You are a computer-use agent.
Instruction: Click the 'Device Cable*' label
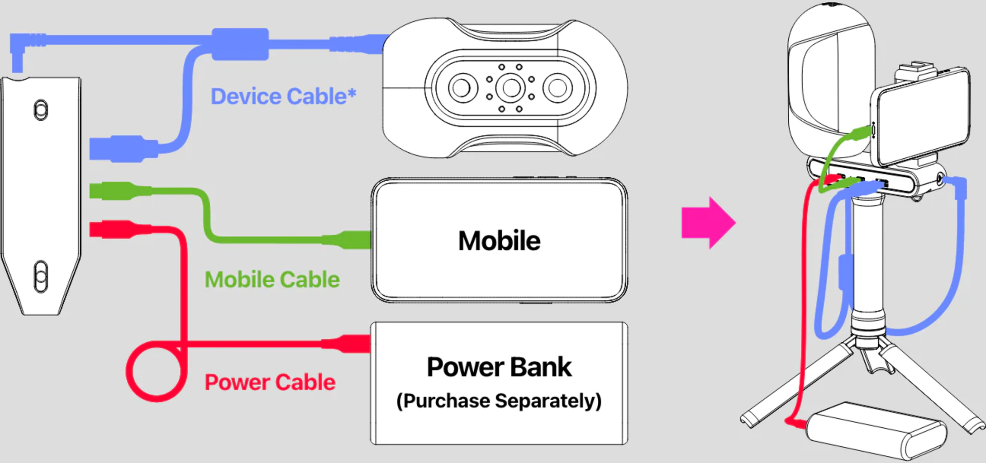[x=283, y=96]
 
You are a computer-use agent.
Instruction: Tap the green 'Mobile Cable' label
[x=272, y=279]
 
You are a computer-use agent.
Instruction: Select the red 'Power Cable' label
[x=270, y=383]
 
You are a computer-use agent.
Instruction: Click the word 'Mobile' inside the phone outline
[x=499, y=241]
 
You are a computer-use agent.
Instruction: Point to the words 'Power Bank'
[x=499, y=367]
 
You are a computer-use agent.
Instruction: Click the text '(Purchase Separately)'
[x=499, y=401]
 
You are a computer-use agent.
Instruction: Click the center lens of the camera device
[x=511, y=88]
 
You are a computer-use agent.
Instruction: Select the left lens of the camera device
[x=462, y=88]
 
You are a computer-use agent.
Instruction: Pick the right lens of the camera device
[x=557, y=88]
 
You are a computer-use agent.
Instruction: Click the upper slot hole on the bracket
[x=41, y=110]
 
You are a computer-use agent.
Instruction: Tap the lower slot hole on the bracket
[x=41, y=276]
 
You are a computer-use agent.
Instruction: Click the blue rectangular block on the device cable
[x=240, y=44]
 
